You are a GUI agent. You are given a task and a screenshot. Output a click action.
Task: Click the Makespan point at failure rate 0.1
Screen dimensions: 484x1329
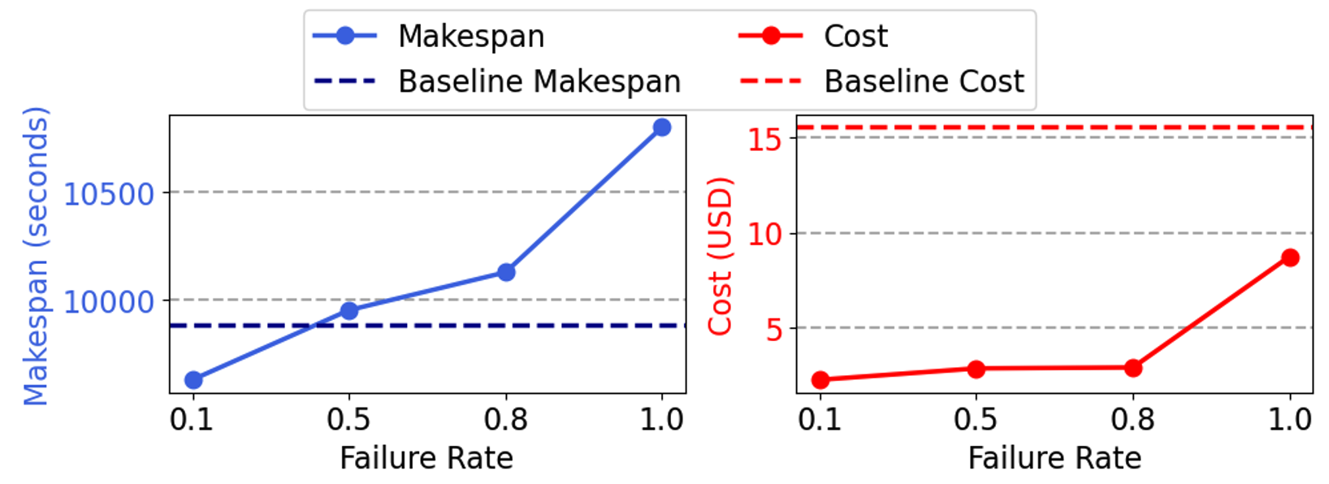pyautogui.click(x=193, y=380)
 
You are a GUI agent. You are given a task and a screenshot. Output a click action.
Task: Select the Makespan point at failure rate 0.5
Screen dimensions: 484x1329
pyautogui.click(x=349, y=311)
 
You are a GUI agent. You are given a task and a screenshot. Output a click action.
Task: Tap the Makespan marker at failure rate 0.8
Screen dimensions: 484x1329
pyautogui.click(x=506, y=272)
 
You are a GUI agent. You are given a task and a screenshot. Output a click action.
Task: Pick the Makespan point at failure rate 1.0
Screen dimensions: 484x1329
pyautogui.click(x=662, y=127)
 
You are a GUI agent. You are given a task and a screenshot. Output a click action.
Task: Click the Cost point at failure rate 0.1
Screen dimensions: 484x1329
pyautogui.click(x=820, y=380)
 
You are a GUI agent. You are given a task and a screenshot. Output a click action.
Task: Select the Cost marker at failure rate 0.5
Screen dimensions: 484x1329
pyautogui.click(x=976, y=369)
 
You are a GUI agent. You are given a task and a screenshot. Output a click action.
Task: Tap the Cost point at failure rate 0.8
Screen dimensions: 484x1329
pyautogui.click(x=1133, y=369)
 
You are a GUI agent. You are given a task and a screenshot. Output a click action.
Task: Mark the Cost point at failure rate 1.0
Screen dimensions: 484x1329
pyautogui.click(x=1290, y=258)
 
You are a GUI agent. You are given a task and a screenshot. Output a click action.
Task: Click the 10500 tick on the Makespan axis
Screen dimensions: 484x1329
pyautogui.click(x=109, y=194)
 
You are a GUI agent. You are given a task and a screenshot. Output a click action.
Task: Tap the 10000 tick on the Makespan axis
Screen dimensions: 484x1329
pyautogui.click(x=109, y=302)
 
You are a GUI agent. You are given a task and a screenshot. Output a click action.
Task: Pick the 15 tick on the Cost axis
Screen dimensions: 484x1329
pyautogui.click(x=765, y=139)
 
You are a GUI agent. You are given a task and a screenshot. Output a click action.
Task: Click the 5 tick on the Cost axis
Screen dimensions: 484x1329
pyautogui.click(x=774, y=329)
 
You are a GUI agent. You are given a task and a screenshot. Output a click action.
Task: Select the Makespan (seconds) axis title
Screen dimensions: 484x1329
pyautogui.click(x=36, y=256)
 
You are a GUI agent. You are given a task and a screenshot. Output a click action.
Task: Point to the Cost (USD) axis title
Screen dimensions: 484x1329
pyautogui.click(x=720, y=256)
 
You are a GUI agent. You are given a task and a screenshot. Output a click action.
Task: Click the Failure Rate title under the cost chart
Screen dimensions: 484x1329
pyautogui.click(x=1054, y=459)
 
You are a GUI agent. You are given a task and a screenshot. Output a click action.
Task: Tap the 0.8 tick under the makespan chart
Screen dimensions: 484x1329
pyautogui.click(x=505, y=420)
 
